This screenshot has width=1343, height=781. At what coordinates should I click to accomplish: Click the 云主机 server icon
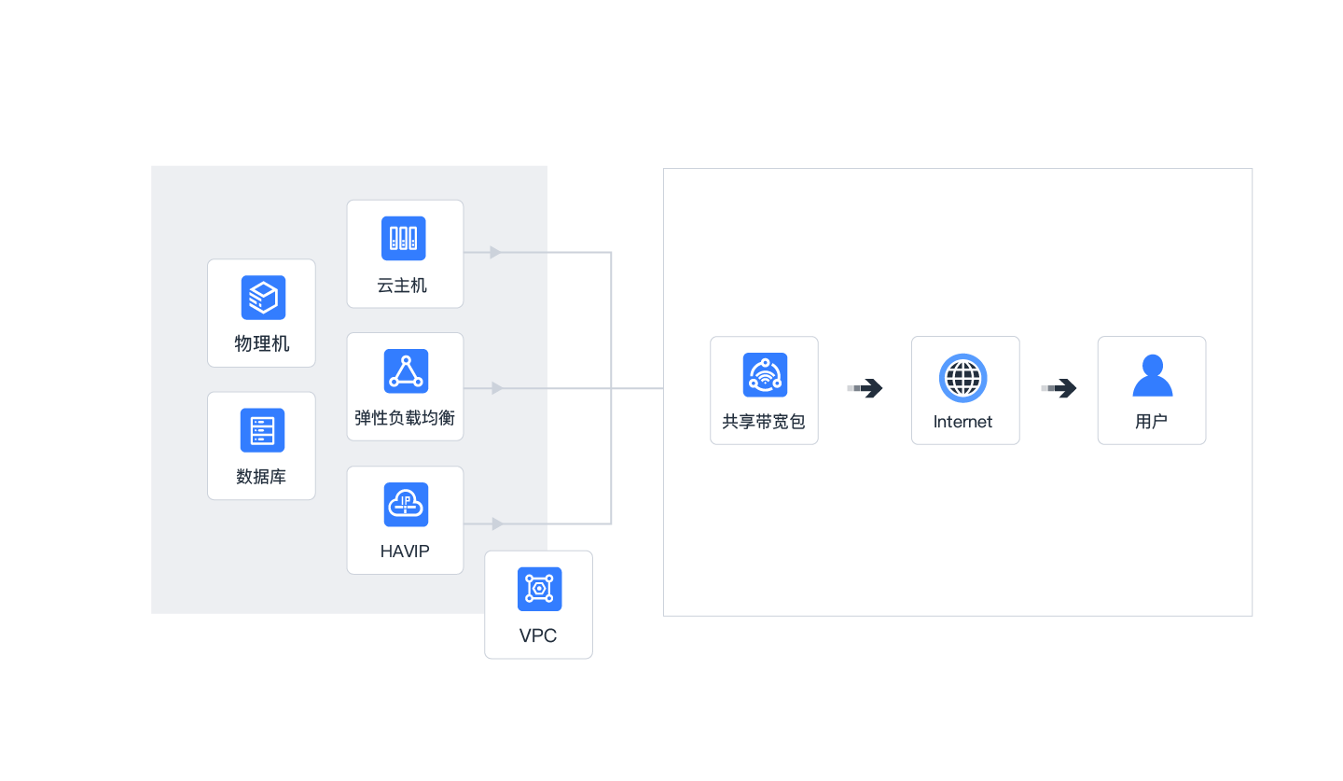pyautogui.click(x=404, y=238)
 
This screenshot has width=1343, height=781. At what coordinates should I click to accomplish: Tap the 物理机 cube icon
pyautogui.click(x=263, y=298)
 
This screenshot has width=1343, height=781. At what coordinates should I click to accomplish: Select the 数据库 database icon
pyautogui.click(x=262, y=430)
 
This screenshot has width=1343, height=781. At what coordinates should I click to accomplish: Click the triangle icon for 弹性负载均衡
pyautogui.click(x=406, y=371)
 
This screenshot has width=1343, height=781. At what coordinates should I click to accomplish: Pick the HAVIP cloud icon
pyautogui.click(x=406, y=505)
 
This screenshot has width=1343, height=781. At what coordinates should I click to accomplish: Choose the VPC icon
pyautogui.click(x=539, y=589)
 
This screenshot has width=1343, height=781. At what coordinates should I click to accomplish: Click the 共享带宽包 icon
pyautogui.click(x=765, y=375)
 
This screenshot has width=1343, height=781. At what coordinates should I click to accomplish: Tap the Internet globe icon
pyautogui.click(x=963, y=378)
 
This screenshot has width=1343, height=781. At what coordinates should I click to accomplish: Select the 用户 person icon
pyautogui.click(x=1152, y=375)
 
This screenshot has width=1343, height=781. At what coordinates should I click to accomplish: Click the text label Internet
pyautogui.click(x=963, y=422)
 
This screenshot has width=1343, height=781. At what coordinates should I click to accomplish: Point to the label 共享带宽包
pyautogui.click(x=764, y=422)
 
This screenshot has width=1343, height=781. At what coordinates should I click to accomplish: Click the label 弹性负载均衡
pyautogui.click(x=405, y=417)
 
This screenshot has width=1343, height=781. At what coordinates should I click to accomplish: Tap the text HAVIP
pyautogui.click(x=405, y=551)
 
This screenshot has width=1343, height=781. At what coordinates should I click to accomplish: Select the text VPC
pyautogui.click(x=538, y=635)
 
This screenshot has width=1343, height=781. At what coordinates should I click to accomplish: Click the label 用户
pyautogui.click(x=1152, y=422)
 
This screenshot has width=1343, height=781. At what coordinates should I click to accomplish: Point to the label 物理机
pyautogui.click(x=262, y=343)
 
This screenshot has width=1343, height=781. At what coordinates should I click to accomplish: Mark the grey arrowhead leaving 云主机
pyautogui.click(x=495, y=252)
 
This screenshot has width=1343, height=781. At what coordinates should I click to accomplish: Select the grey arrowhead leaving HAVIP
pyautogui.click(x=497, y=523)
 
